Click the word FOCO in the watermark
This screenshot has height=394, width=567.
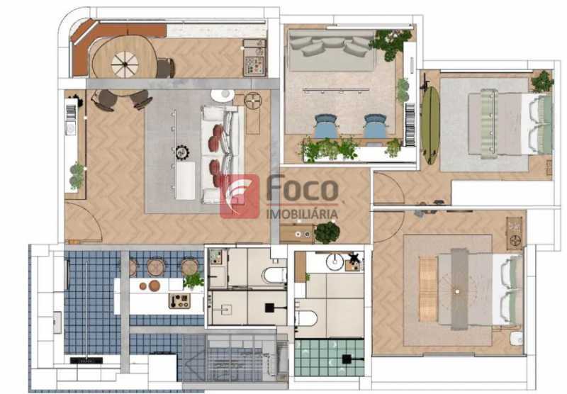click(303, 188)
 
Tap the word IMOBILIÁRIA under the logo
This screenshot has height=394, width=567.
click(302, 214)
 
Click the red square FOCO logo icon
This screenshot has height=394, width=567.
click(240, 196)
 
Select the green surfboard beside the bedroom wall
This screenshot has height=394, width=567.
click(431, 125)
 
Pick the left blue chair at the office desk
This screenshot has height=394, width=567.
click(326, 126)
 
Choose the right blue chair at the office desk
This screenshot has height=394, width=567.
click(375, 126)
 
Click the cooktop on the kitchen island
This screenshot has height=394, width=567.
click(179, 300)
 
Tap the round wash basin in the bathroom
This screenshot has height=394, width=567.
click(335, 261)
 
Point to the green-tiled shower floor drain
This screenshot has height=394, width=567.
click(347, 359)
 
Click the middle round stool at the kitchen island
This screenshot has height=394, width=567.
click(156, 267)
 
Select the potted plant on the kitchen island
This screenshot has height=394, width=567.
click(193, 281)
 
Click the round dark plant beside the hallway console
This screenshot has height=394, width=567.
click(327, 232)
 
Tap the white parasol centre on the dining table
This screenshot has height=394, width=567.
click(125, 64)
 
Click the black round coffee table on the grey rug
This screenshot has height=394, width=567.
click(182, 152)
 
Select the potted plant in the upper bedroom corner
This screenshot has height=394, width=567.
click(541, 81)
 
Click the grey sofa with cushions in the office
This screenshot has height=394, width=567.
click(332, 50)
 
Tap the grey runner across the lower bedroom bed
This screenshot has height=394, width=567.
click(459, 289)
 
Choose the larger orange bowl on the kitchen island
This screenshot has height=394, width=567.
click(155, 286)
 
